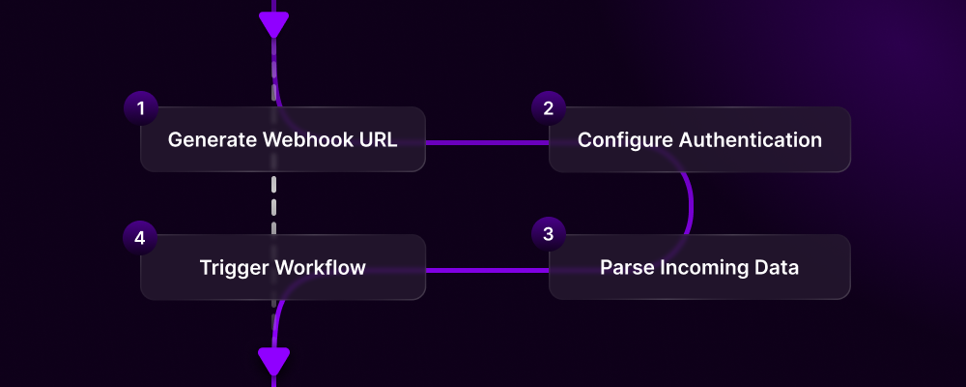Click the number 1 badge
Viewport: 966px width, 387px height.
[141, 108]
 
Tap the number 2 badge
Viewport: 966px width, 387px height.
[549, 108]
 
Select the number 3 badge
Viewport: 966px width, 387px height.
[549, 234]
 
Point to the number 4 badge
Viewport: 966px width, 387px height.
[141, 237]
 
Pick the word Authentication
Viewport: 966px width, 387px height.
[751, 139]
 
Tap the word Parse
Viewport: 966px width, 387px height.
[623, 268]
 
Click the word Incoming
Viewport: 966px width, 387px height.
[698, 268]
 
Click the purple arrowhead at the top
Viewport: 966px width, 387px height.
[274, 24]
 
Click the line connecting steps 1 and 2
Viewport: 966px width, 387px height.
[487, 142]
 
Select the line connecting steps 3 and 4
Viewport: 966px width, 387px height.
[487, 270]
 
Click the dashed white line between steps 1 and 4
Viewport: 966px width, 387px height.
[274, 203]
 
